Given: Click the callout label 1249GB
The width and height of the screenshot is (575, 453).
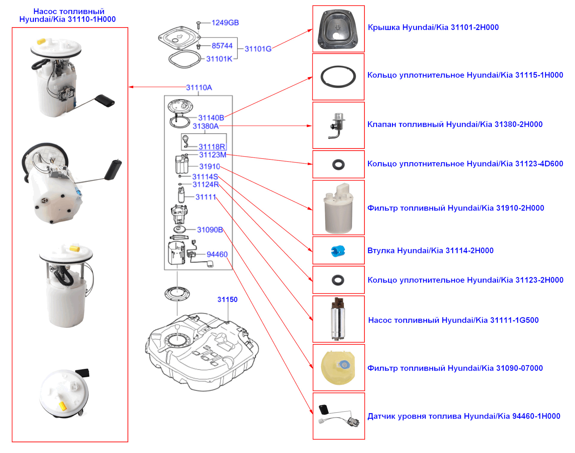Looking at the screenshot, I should [225, 23].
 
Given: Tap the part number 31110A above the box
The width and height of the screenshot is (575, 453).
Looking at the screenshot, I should [199, 87].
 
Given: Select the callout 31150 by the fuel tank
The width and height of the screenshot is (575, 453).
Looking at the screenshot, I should [227, 299].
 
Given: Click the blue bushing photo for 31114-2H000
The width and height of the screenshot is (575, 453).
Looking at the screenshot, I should [338, 251].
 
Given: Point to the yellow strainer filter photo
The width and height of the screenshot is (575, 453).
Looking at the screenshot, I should [338, 368].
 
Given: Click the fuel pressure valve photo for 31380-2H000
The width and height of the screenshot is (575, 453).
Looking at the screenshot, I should [338, 125].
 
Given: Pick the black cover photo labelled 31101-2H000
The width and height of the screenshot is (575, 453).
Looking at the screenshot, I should [338, 29].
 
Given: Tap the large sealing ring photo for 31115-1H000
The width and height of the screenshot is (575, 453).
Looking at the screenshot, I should [338, 77].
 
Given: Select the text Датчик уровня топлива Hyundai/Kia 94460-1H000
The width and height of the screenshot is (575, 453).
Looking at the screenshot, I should [464, 416].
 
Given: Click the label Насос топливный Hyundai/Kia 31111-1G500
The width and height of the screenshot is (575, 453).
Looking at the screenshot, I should [453, 320].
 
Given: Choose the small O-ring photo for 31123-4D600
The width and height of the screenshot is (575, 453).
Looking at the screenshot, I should [338, 164].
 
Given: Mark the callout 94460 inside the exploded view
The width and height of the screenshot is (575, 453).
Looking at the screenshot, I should [217, 254].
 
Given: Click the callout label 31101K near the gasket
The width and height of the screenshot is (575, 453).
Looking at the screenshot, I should [219, 59].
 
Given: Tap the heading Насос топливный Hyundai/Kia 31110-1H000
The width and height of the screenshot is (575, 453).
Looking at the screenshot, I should [68, 16].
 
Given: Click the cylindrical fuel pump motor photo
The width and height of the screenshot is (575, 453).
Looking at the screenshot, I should [338, 319].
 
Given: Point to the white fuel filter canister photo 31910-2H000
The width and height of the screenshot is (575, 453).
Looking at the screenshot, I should [338, 208].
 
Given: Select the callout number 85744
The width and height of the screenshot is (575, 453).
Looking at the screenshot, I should [222, 46].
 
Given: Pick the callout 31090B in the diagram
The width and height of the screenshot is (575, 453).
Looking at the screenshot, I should [210, 230].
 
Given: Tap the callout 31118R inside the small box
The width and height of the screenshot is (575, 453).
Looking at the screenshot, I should [211, 147].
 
